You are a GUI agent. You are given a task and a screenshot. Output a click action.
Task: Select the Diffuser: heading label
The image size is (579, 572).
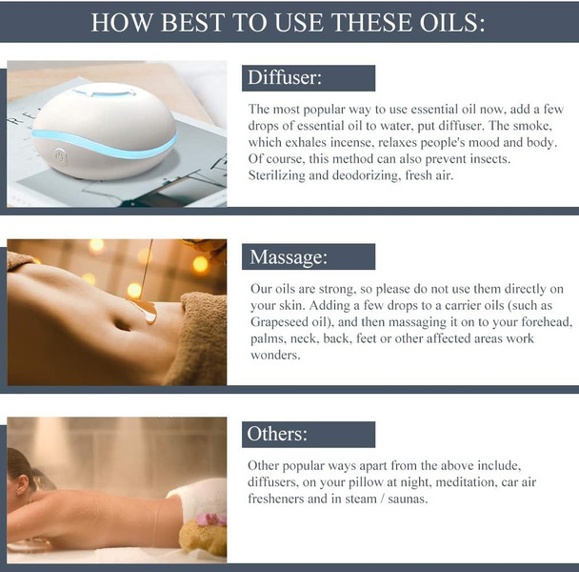pyautogui.click(x=285, y=77)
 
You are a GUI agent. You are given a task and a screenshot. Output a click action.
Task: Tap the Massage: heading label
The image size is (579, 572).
pyautogui.click(x=289, y=256)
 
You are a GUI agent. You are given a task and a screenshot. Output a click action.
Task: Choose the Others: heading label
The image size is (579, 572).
pyautogui.click(x=277, y=434)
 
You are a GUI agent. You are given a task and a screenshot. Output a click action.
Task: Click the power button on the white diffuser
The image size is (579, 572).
pyautogui.click(x=60, y=157)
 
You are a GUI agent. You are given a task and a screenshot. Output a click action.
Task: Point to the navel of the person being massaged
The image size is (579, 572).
pyautogui.click(x=122, y=324)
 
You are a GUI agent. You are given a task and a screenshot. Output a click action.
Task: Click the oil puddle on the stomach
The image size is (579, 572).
pyautogui.click(x=145, y=310)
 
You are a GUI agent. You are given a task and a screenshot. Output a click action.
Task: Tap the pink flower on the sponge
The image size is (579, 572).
pyautogui.click(x=210, y=520)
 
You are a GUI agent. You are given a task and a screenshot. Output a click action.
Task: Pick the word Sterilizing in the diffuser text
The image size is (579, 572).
pyautogui.click(x=277, y=175)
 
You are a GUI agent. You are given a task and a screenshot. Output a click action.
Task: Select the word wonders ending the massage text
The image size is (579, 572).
pyautogui.click(x=275, y=356)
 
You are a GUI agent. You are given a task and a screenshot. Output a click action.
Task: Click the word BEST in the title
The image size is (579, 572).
pyautogui.click(x=192, y=22)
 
